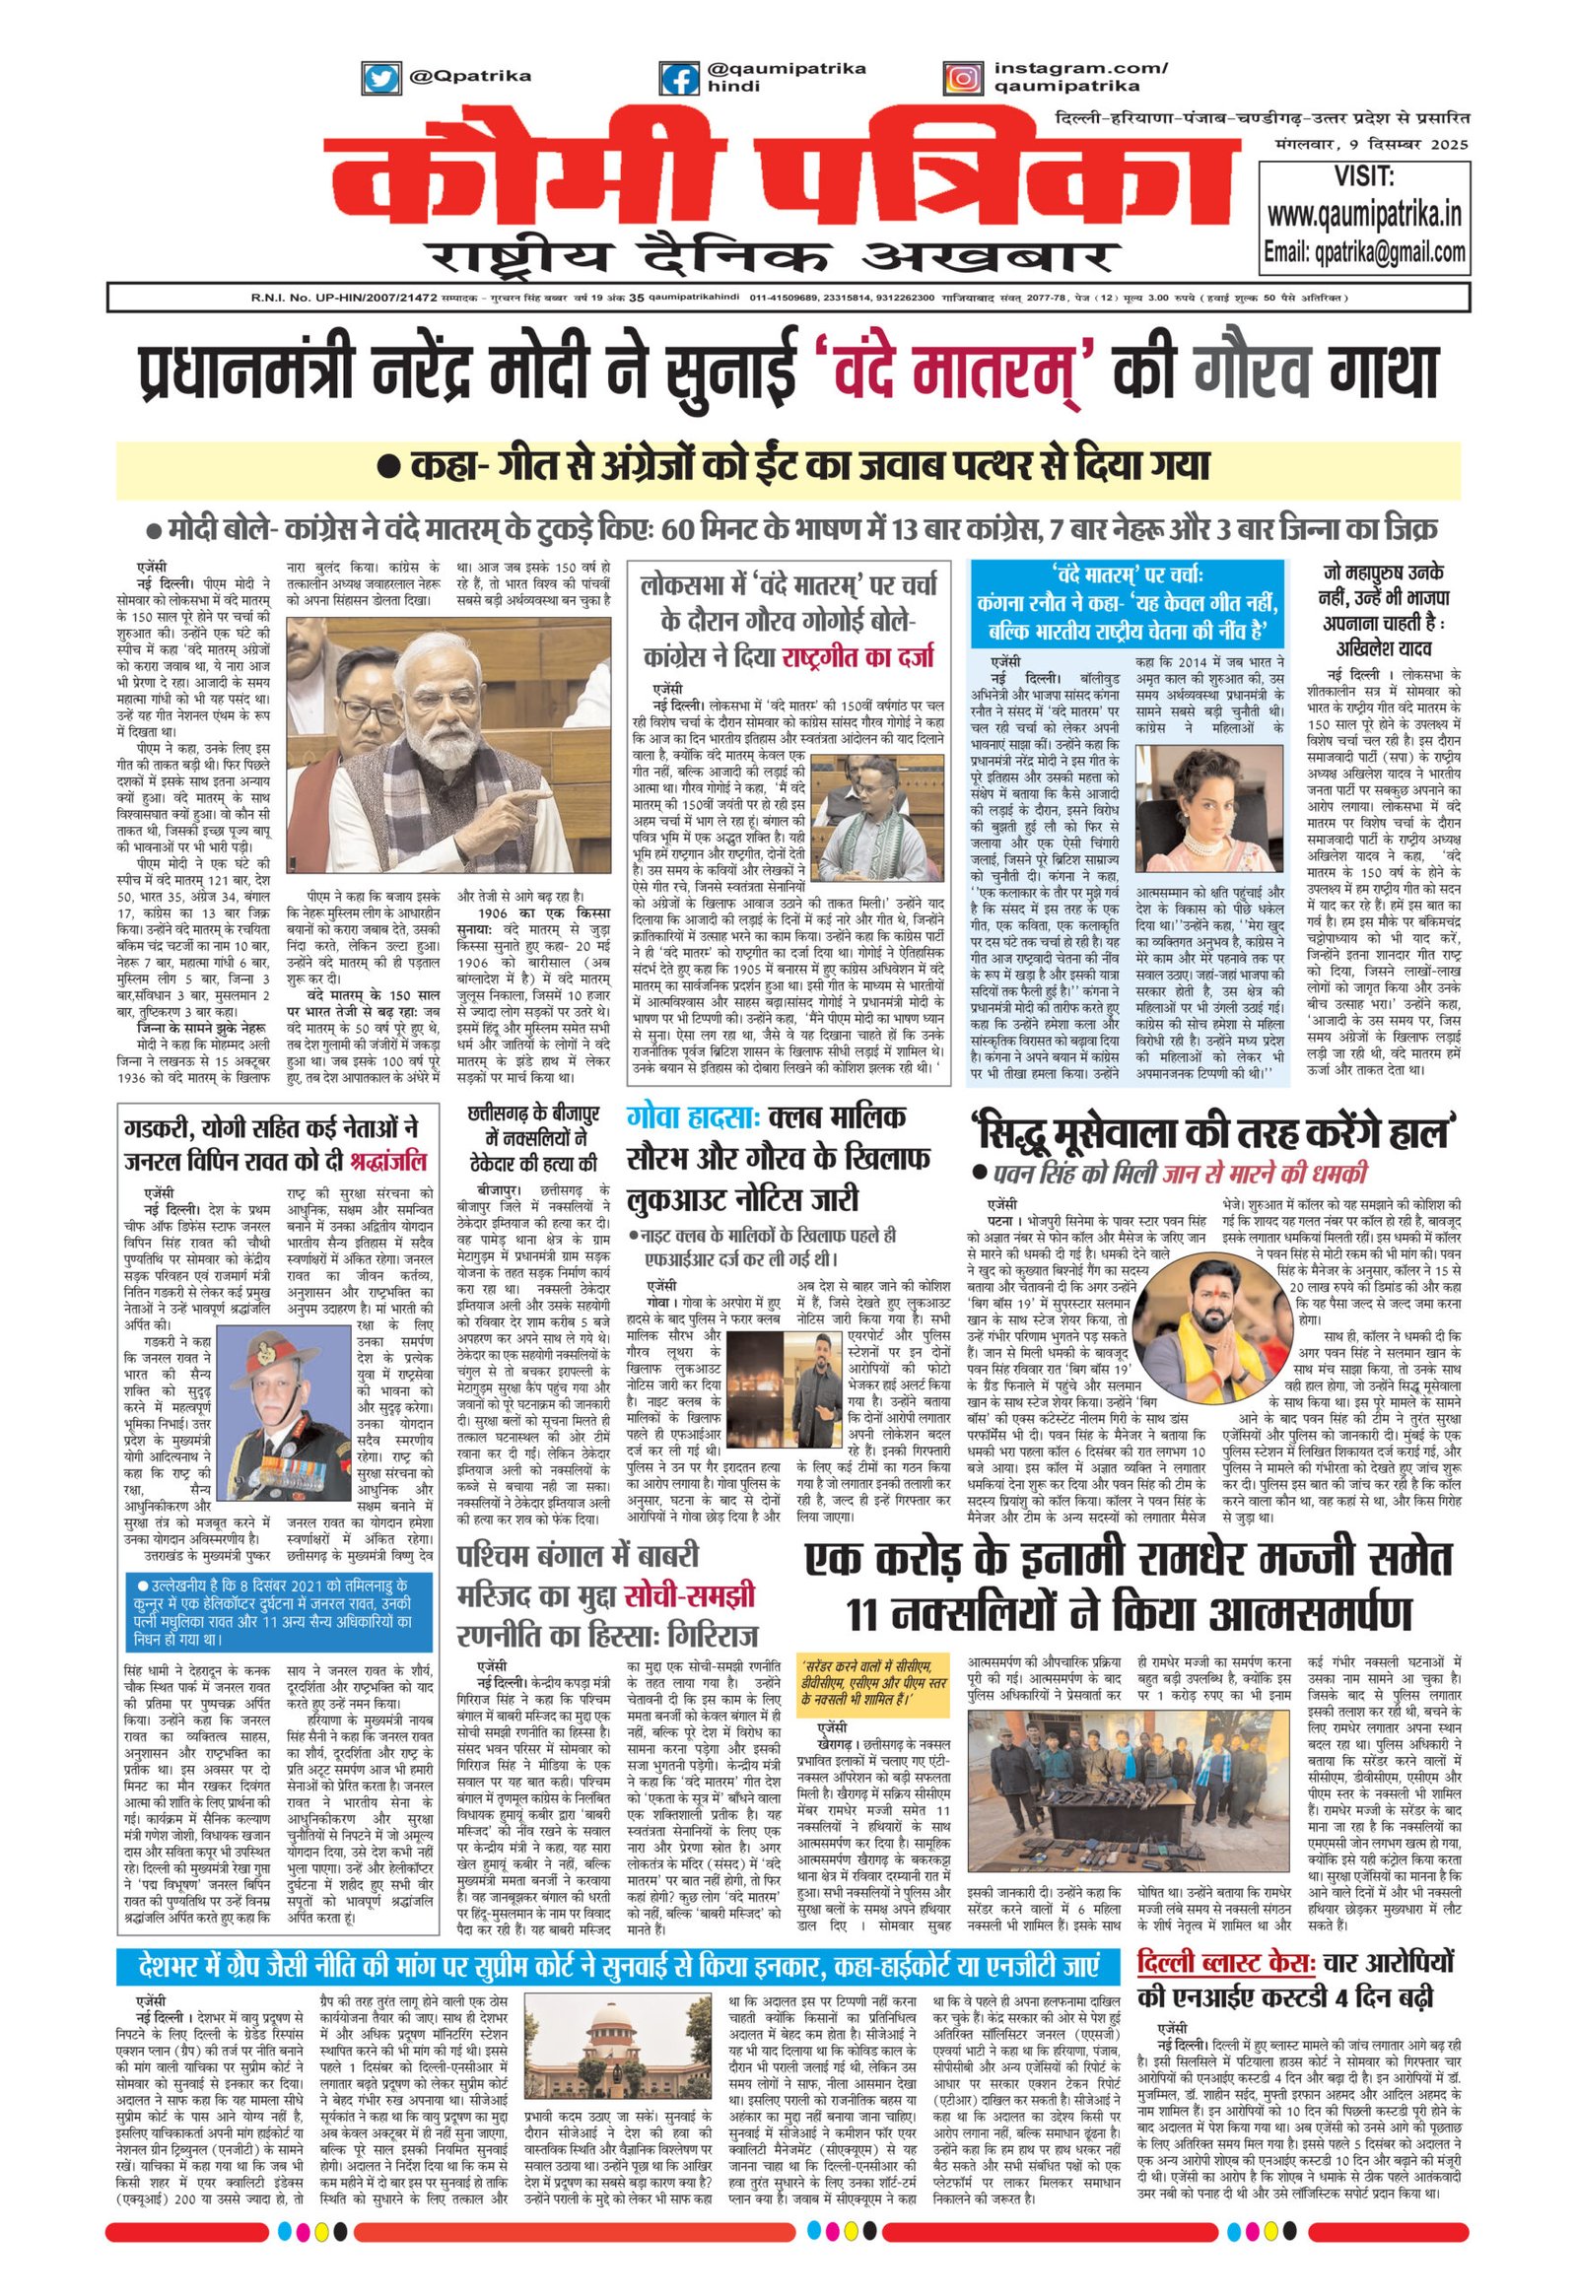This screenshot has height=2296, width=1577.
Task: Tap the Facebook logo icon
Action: point(678,78)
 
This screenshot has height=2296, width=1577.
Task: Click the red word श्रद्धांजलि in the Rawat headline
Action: point(383,1161)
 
